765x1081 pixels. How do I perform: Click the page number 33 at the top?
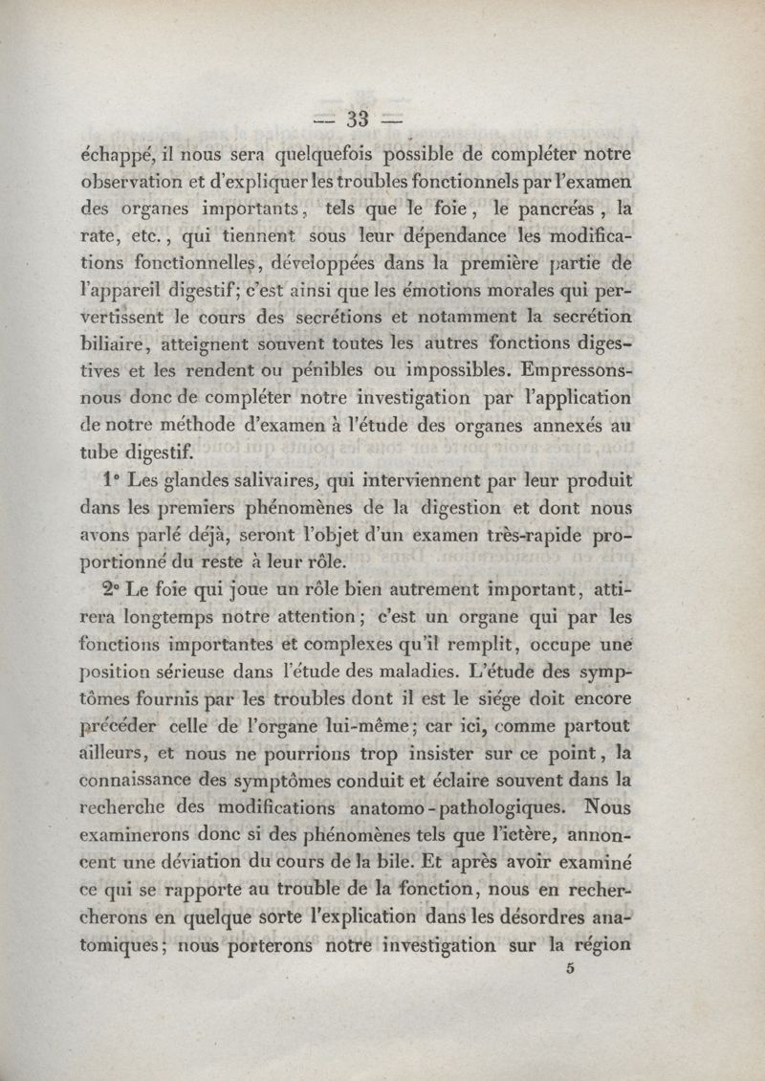pos(358,120)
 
